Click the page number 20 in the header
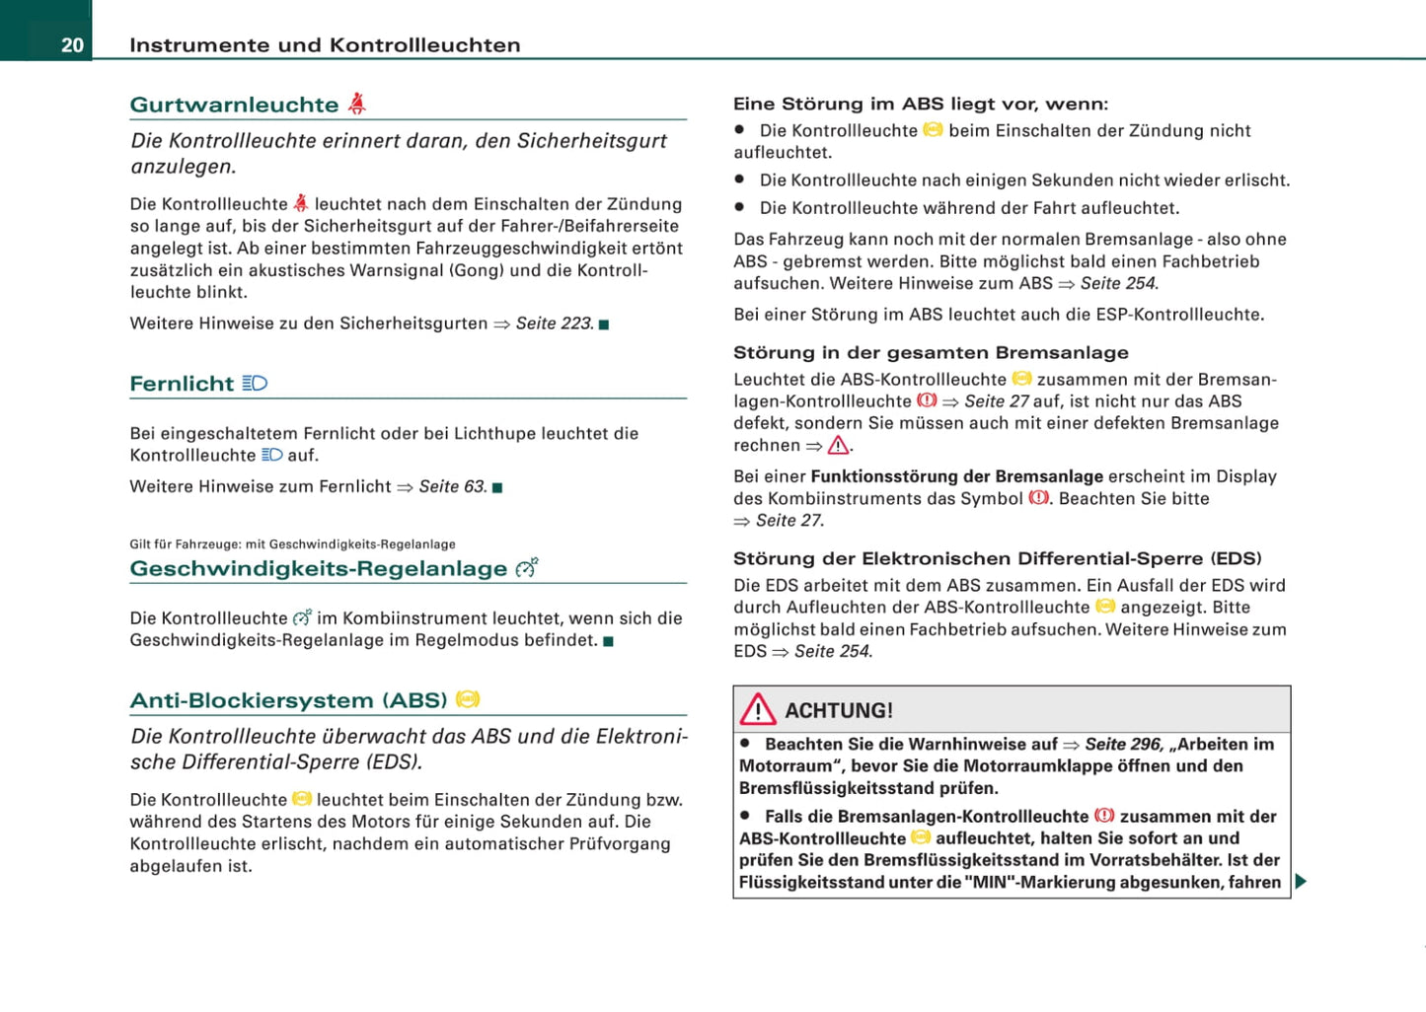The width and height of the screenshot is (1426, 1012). click(x=72, y=45)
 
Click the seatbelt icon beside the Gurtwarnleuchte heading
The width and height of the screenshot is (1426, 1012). click(x=357, y=103)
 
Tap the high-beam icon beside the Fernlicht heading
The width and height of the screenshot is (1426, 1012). click(x=255, y=383)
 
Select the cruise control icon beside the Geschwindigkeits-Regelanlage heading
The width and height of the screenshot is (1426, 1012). click(x=526, y=567)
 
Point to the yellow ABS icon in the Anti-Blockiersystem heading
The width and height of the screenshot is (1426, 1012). click(x=468, y=699)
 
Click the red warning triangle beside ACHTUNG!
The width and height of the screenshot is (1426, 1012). click(x=758, y=709)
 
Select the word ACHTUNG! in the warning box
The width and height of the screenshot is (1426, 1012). click(x=839, y=710)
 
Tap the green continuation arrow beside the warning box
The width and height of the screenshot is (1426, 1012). click(x=1301, y=881)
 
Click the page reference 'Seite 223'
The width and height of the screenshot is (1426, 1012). click(x=553, y=324)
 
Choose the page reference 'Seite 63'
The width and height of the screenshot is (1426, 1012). click(x=452, y=486)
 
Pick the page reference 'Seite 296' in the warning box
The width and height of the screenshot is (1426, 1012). click(x=1123, y=744)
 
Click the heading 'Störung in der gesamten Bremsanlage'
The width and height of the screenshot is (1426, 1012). click(x=931, y=352)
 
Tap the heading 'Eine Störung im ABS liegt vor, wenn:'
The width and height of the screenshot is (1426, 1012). click(x=920, y=104)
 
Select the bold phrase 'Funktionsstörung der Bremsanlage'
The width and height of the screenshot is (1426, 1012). click(x=956, y=476)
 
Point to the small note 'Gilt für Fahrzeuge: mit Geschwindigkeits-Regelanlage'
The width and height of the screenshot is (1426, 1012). click(x=292, y=544)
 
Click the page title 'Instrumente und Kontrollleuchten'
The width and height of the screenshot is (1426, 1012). click(x=325, y=45)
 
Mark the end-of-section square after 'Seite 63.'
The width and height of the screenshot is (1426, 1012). click(x=497, y=487)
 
